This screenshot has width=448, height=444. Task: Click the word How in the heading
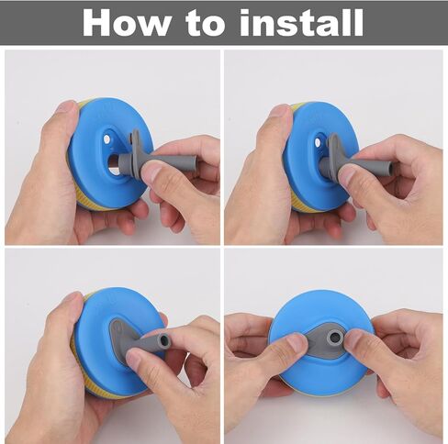pos(127,23)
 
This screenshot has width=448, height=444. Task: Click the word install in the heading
pos(301,22)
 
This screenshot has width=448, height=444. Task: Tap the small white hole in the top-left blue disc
pos(106,139)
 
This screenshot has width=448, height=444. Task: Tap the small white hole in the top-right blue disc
pos(319,142)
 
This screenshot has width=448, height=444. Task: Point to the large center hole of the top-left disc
pos(114,161)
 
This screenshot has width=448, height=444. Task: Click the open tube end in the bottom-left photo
pos(164,339)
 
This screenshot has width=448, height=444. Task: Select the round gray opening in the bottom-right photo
pos(334,338)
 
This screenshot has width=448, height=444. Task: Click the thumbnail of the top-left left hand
pos(66,108)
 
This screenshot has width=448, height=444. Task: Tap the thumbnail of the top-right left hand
pos(280,112)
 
